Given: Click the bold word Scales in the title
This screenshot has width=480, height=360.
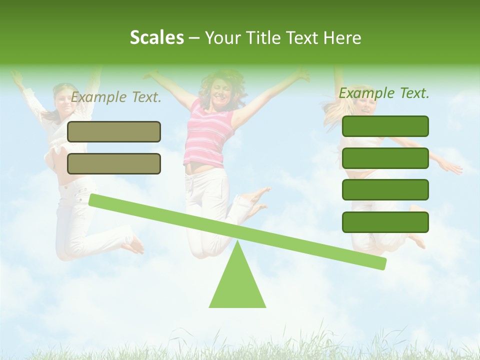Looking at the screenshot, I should [x=156, y=38].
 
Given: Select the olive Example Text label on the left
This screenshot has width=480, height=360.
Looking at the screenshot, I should [x=116, y=97].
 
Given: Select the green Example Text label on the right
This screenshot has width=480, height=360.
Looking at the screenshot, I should [x=384, y=93].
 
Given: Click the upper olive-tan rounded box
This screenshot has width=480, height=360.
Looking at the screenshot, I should [x=114, y=131].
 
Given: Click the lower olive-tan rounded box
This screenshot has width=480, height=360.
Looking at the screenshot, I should [x=114, y=163].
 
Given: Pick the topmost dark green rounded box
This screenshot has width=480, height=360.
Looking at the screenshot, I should [x=385, y=126].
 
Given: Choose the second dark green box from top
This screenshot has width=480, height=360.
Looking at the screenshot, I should [x=385, y=158].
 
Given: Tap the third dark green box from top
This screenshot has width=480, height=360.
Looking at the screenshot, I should [x=385, y=190].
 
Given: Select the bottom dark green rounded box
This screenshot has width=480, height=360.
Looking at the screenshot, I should [x=385, y=222].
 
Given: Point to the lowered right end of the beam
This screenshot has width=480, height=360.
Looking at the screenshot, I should [x=381, y=263].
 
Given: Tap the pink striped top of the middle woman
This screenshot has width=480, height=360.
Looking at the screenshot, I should [x=208, y=135].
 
